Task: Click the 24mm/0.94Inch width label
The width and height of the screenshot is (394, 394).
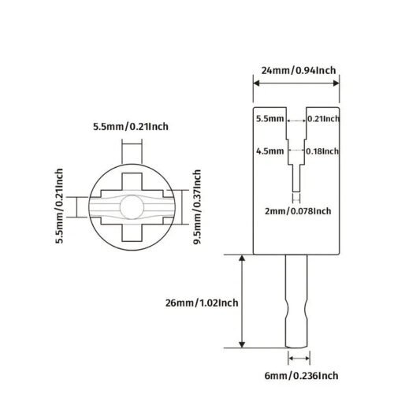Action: coord(299,71)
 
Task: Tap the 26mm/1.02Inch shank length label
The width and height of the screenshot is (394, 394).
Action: coord(202,303)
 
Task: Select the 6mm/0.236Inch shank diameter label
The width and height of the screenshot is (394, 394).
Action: coord(301,376)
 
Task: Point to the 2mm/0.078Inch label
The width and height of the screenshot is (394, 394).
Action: coord(298,211)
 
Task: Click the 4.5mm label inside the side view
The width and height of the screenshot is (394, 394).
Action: coord(270,151)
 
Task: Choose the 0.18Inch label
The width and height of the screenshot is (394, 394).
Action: coord(322,151)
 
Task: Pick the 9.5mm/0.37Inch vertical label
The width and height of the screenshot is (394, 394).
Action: coord(197,207)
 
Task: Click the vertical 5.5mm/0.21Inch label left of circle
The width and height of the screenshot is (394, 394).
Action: coord(59,206)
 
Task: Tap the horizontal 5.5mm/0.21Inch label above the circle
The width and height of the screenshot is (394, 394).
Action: coord(131,127)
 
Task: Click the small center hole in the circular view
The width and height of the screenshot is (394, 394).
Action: coord(132,207)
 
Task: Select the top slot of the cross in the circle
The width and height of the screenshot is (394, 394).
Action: coord(132,181)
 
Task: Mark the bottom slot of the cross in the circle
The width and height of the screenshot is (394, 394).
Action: coord(132,233)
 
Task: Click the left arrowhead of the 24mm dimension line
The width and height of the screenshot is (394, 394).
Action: coord(256,84)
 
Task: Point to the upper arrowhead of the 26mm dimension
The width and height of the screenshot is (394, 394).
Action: coord(242,258)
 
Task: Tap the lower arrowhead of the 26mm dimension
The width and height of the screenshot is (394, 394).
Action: coord(242,344)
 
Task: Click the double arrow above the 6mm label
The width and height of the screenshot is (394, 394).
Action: coord(299,359)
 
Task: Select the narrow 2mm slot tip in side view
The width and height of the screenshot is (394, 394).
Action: coord(296,178)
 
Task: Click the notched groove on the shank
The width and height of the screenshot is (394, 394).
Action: coord(296,310)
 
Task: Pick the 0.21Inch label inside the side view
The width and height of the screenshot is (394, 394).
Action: coord(323,119)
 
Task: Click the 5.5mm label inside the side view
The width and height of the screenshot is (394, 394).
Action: coord(270,119)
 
